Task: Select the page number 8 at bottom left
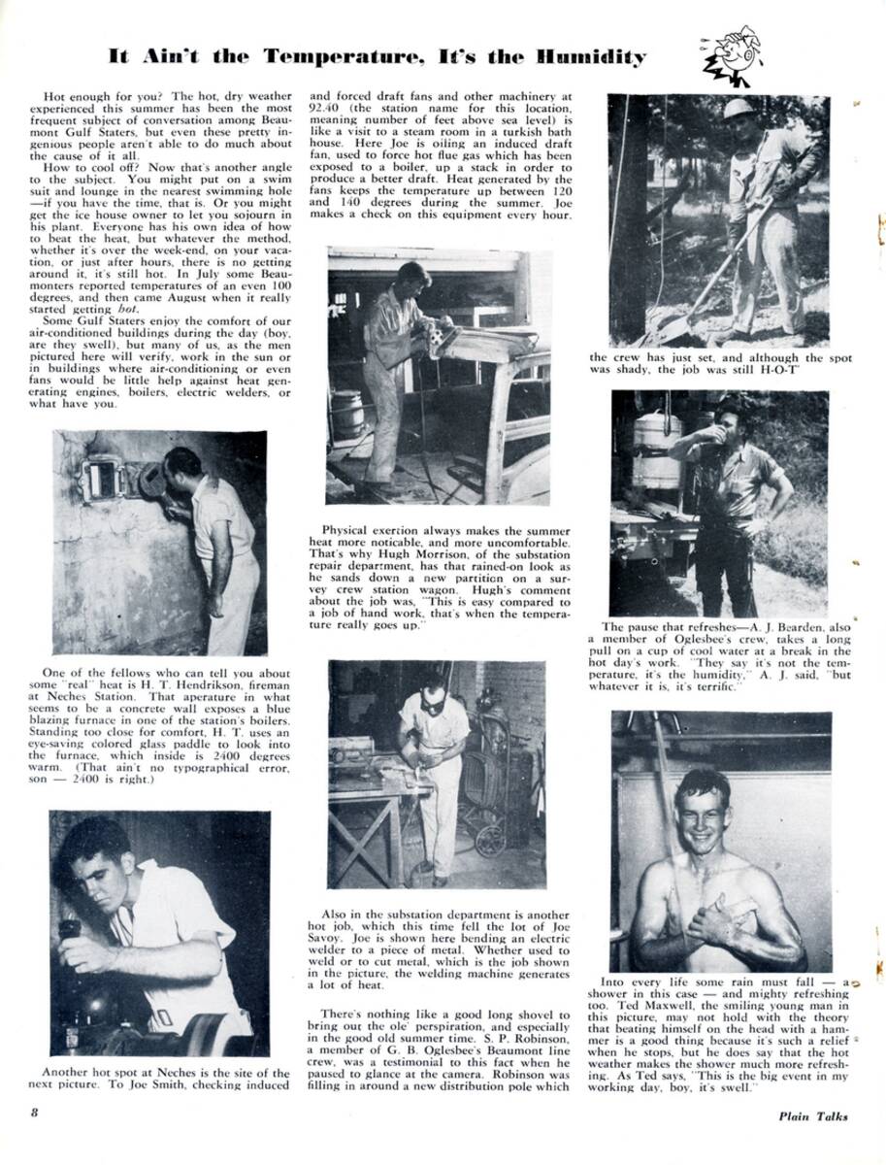[34, 1114]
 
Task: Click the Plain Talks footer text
[812, 1115]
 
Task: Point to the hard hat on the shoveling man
[738, 108]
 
